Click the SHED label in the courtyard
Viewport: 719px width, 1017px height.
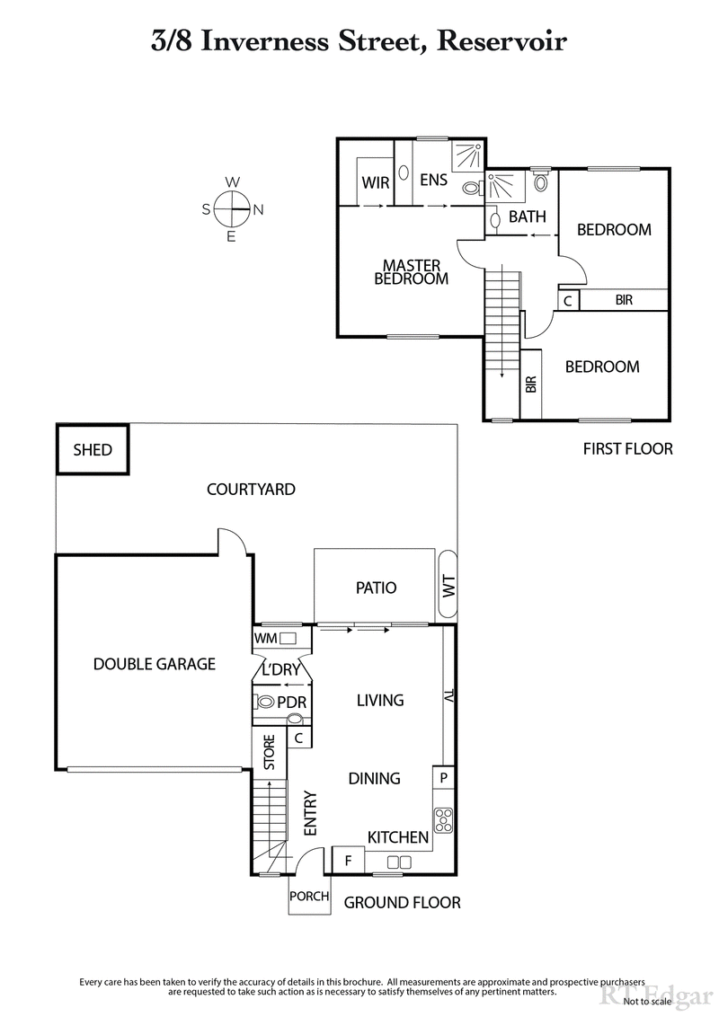click(x=93, y=449)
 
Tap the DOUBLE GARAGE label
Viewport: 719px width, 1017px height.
click(x=155, y=664)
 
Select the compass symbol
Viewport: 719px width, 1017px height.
click(x=232, y=209)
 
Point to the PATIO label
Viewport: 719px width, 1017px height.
click(x=377, y=588)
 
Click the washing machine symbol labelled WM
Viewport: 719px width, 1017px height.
click(x=288, y=638)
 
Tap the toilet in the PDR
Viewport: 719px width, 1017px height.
click(x=266, y=702)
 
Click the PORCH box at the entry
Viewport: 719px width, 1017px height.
click(x=309, y=896)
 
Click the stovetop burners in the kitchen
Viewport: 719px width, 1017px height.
click(x=443, y=818)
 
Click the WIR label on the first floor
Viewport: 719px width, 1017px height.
click(x=376, y=182)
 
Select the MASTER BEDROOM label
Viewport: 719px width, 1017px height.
click(x=411, y=271)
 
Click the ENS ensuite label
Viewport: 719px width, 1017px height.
click(x=433, y=181)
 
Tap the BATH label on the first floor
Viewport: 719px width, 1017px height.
click(x=528, y=217)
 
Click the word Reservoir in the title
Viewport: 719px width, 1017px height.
click(x=505, y=41)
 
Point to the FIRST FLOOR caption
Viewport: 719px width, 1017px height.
click(x=627, y=448)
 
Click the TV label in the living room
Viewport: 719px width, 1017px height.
click(x=448, y=696)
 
